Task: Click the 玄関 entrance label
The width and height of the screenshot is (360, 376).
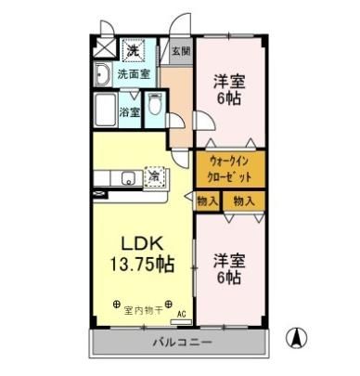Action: pos(181,51)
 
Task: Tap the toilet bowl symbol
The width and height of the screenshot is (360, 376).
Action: pos(154,104)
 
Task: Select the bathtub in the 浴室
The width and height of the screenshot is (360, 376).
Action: pos(106,110)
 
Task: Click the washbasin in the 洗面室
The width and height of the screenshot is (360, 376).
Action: pos(102,74)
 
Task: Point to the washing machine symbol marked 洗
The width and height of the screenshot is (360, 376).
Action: pos(134,49)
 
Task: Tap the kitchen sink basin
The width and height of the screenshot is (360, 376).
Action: pos(128,178)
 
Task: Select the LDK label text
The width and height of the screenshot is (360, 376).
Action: pos(142,243)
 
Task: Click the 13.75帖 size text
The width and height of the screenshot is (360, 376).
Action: pos(142,264)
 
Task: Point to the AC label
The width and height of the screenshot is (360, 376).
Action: pos(182,315)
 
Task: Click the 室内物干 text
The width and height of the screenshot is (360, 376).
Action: pos(143,310)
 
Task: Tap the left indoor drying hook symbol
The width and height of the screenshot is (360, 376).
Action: pos(117,305)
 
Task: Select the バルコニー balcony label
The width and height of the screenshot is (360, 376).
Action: pos(183,343)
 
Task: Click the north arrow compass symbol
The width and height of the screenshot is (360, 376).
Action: pos(297,338)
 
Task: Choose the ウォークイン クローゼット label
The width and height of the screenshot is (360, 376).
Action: pos(230,169)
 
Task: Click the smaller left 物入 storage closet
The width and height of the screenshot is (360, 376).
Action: pos(208,201)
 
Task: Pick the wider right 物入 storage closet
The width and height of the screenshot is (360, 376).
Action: pos(244,201)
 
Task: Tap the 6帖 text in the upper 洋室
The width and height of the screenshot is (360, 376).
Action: pos(229,98)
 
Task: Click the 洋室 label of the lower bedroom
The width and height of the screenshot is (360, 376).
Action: pos(229,261)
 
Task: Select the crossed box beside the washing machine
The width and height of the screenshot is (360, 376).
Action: pos(105,47)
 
